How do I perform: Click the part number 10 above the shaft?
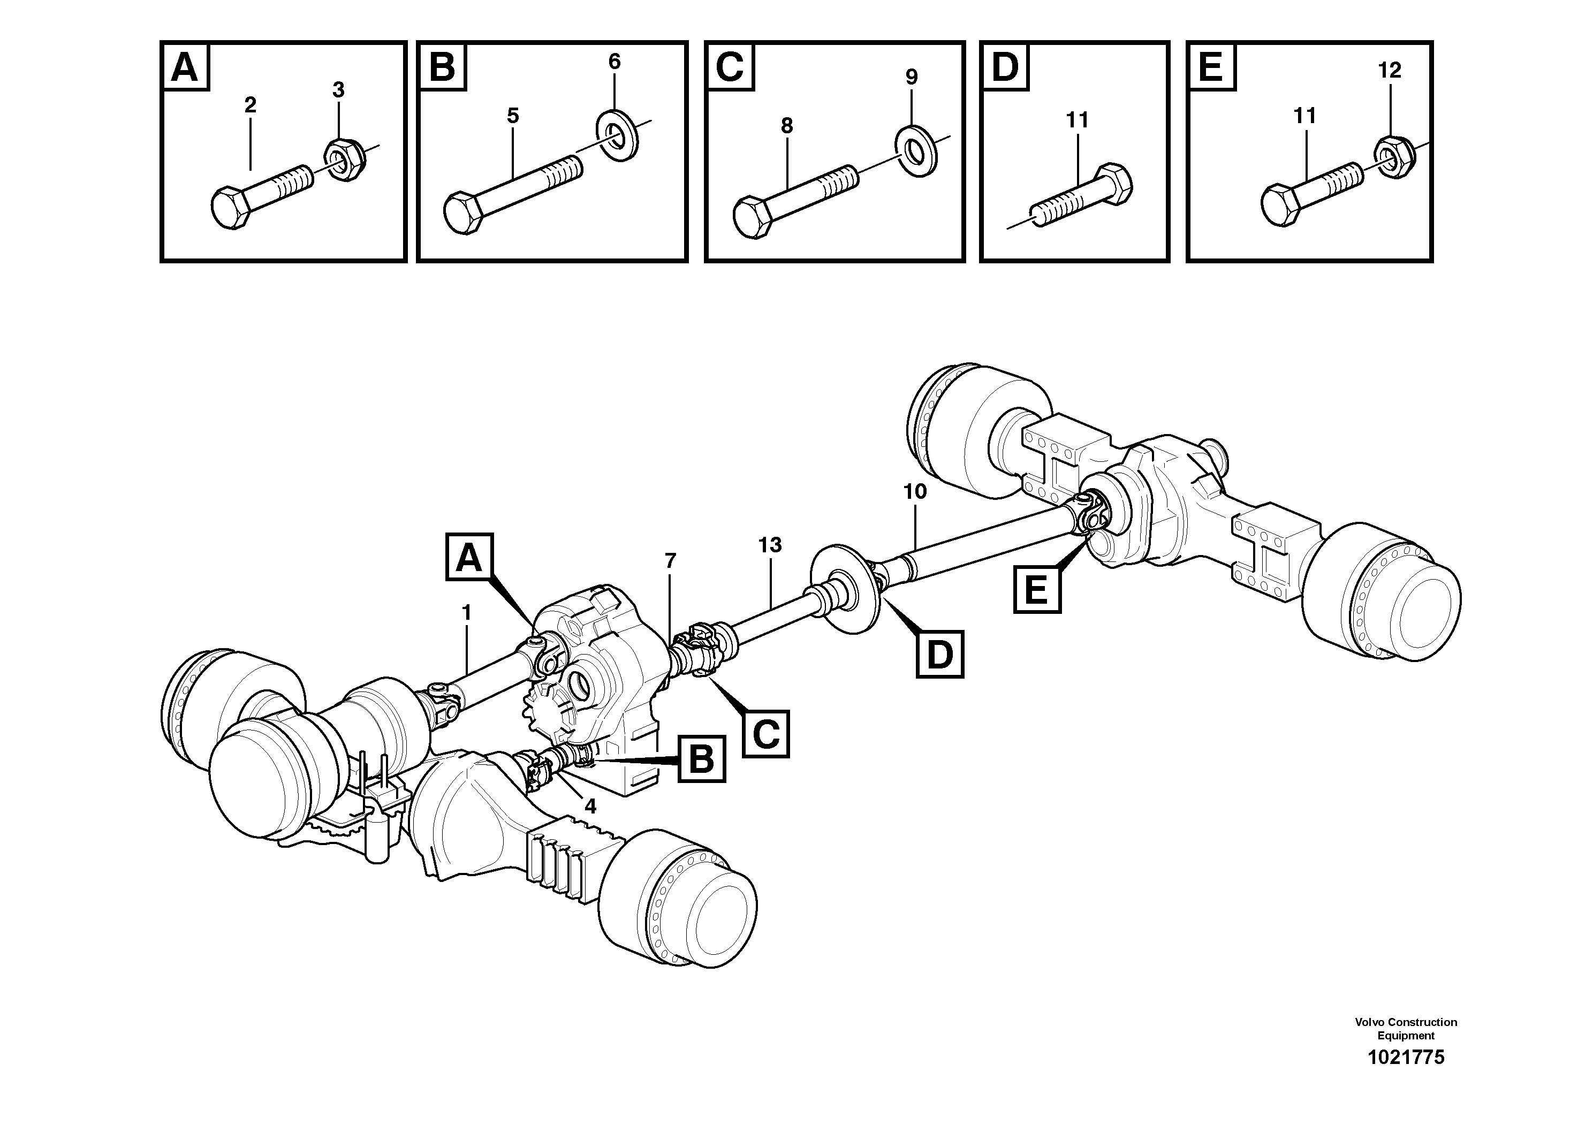914,492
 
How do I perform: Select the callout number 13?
769,545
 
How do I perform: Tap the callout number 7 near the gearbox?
670,560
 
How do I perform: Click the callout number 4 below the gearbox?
590,806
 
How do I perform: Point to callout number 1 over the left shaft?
466,612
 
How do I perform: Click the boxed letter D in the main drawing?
939,654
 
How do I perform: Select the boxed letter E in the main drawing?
1036,590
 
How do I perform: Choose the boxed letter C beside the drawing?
766,733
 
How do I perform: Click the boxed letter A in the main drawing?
469,557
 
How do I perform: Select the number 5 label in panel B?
512,116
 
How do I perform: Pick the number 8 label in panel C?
786,126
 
